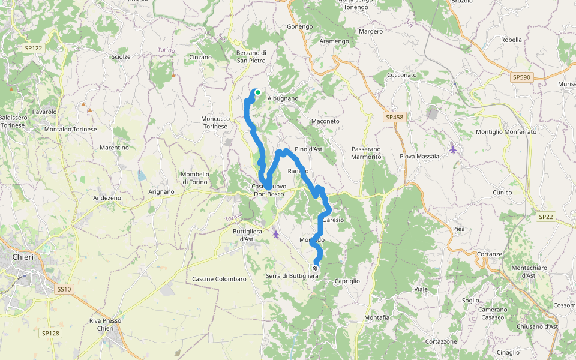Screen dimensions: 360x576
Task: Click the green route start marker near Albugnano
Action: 257,92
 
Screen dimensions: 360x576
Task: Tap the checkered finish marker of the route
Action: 315,268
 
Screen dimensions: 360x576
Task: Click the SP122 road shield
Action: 34,47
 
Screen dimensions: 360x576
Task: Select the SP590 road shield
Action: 521,77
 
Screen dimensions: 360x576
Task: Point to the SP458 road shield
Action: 394,117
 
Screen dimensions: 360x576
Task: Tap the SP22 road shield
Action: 545,217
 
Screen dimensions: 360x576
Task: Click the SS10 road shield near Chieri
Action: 64,289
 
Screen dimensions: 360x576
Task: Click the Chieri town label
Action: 23,257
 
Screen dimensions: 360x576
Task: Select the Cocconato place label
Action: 402,75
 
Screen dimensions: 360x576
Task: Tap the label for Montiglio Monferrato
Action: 506,131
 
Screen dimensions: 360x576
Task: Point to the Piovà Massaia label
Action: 419,156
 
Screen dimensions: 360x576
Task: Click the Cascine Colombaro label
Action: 219,279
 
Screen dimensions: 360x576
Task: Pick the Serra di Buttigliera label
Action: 292,276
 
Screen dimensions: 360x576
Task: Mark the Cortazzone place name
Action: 441,341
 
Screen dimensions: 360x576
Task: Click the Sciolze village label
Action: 121,56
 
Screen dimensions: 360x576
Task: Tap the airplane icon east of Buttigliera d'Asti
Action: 276,233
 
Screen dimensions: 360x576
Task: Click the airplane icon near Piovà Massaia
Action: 452,148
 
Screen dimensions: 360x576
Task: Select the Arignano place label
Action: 161,191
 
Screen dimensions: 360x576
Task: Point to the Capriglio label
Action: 347,281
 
